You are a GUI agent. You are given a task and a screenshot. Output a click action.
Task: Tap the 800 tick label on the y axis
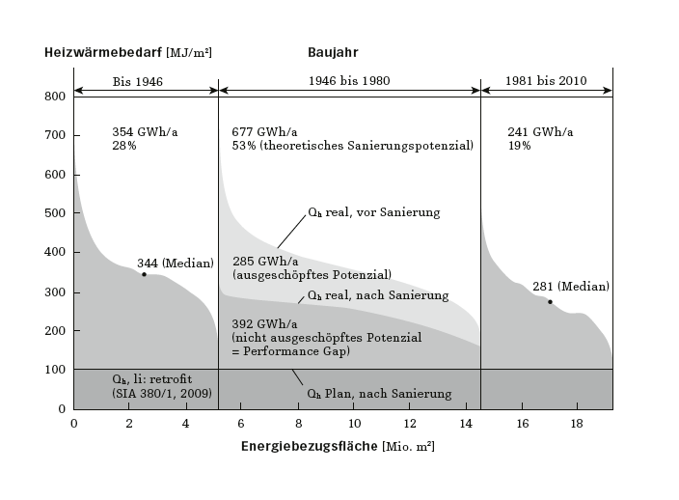point(54,97)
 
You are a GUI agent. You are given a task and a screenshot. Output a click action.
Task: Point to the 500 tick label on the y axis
point(54,213)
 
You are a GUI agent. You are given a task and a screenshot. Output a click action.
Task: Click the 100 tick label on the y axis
point(54,370)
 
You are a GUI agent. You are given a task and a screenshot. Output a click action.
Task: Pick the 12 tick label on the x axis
point(411,423)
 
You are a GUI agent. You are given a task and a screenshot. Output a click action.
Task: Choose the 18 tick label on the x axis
point(578,423)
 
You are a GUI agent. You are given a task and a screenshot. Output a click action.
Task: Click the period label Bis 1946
point(138,81)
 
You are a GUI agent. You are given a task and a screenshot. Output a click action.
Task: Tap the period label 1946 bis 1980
point(349,81)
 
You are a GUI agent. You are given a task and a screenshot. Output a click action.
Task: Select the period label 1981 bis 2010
point(546,81)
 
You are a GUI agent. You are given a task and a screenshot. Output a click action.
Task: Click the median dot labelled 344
point(145,274)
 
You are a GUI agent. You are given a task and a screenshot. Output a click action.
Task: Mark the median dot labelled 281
point(551,302)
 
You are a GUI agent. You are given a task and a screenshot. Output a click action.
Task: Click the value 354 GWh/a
point(145,131)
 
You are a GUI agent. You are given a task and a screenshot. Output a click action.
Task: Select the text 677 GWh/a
point(264,131)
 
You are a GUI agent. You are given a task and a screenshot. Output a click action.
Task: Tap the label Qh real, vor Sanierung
point(373,212)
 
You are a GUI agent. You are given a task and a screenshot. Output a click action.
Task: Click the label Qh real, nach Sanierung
point(377,295)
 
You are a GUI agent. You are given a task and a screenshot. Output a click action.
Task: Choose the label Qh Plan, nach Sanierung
point(379,394)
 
